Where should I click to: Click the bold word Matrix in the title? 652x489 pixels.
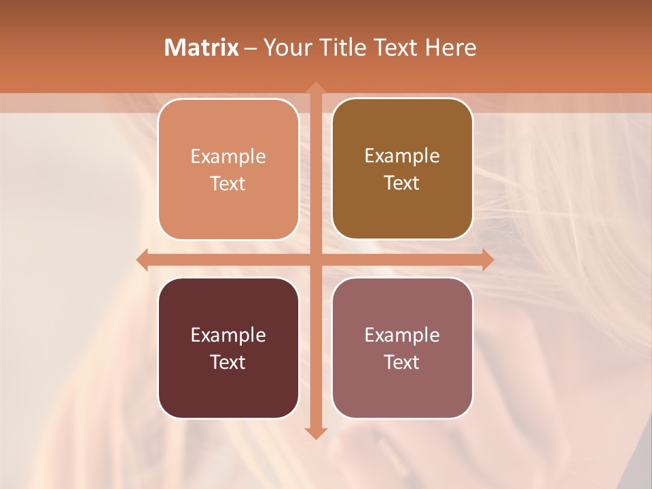coord(202,48)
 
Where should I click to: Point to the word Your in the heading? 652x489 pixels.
coord(287,48)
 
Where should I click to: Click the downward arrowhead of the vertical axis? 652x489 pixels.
coord(314,433)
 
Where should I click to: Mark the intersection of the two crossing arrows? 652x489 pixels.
coord(314,259)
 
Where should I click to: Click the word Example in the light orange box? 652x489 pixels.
coord(228,157)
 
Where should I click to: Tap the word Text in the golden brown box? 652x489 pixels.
coord(402,183)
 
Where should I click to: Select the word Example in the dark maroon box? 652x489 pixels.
coord(228,336)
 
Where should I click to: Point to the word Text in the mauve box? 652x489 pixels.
coord(402,362)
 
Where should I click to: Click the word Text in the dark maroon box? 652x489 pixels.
coord(228,362)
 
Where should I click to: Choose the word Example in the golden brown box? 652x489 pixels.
coord(402,156)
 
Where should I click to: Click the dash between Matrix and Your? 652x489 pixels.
coord(251,48)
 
